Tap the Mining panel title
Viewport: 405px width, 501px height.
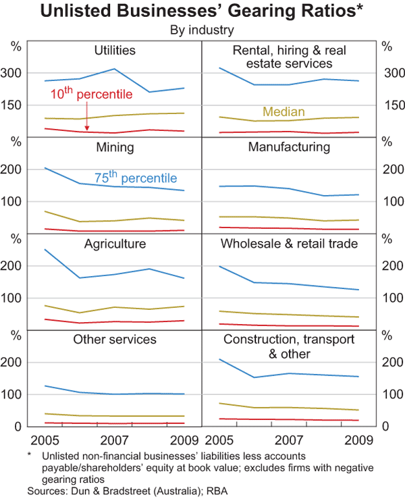click(115, 147)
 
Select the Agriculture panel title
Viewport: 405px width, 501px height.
click(115, 244)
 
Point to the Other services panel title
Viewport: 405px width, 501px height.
click(115, 339)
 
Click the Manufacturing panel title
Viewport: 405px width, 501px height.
click(289, 147)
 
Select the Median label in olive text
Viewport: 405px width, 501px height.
click(283, 112)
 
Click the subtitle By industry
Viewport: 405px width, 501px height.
click(202, 30)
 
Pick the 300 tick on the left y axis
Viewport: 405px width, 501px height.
click(17, 73)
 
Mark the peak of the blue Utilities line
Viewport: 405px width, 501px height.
click(115, 69)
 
